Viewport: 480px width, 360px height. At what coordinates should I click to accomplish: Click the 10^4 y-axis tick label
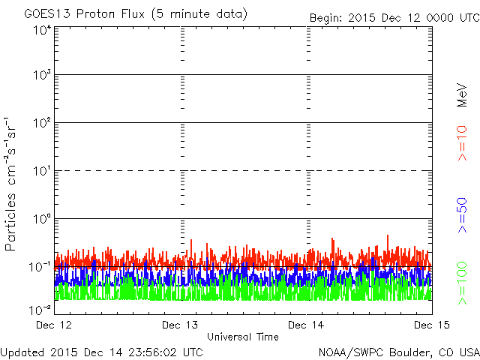(x=42, y=29)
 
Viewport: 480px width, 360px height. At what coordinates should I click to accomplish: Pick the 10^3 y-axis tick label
(x=42, y=76)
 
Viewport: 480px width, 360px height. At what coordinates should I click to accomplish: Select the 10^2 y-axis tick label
(x=42, y=124)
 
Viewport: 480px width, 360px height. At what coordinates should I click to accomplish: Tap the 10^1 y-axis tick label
(x=42, y=172)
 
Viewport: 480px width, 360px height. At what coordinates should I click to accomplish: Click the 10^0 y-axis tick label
(x=42, y=220)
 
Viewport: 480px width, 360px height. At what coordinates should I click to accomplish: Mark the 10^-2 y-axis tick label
(x=40, y=310)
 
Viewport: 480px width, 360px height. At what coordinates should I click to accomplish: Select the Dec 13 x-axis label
(x=181, y=325)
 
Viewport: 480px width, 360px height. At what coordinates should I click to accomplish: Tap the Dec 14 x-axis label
(x=307, y=325)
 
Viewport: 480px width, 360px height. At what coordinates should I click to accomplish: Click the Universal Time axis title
(x=243, y=337)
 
